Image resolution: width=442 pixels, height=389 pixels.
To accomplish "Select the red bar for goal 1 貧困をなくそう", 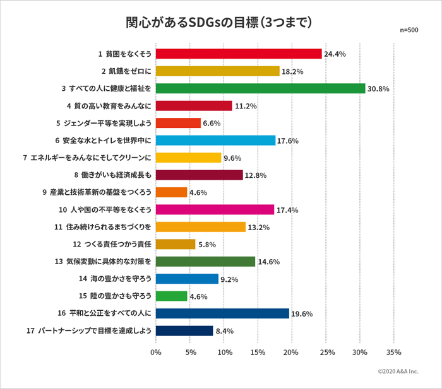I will [239, 54].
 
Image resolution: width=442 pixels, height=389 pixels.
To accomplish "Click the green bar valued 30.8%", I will [260, 88].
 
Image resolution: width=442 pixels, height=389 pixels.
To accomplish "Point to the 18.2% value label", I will [292, 71].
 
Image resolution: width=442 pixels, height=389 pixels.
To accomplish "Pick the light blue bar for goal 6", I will [215, 140].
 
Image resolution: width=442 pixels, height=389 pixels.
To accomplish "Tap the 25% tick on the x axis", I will [325, 352].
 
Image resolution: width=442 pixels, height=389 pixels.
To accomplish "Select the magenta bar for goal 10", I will [215, 209].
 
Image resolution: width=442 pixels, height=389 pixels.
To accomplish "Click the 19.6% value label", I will [302, 313].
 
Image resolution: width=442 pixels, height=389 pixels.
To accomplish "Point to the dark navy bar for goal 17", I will [184, 330].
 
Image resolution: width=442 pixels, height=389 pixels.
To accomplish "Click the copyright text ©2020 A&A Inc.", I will [398, 372].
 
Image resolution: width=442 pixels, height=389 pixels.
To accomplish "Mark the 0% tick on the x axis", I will [156, 352].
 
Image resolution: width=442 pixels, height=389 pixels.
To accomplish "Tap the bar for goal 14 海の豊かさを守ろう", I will [187, 279].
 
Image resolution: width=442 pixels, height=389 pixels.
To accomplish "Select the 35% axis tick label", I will [393, 352].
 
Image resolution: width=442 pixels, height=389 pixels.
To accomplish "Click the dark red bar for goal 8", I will [199, 175].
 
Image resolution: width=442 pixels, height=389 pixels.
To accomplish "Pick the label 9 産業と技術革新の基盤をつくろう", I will [104, 192].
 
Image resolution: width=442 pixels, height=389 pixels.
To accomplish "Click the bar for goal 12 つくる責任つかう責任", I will [175, 244].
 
